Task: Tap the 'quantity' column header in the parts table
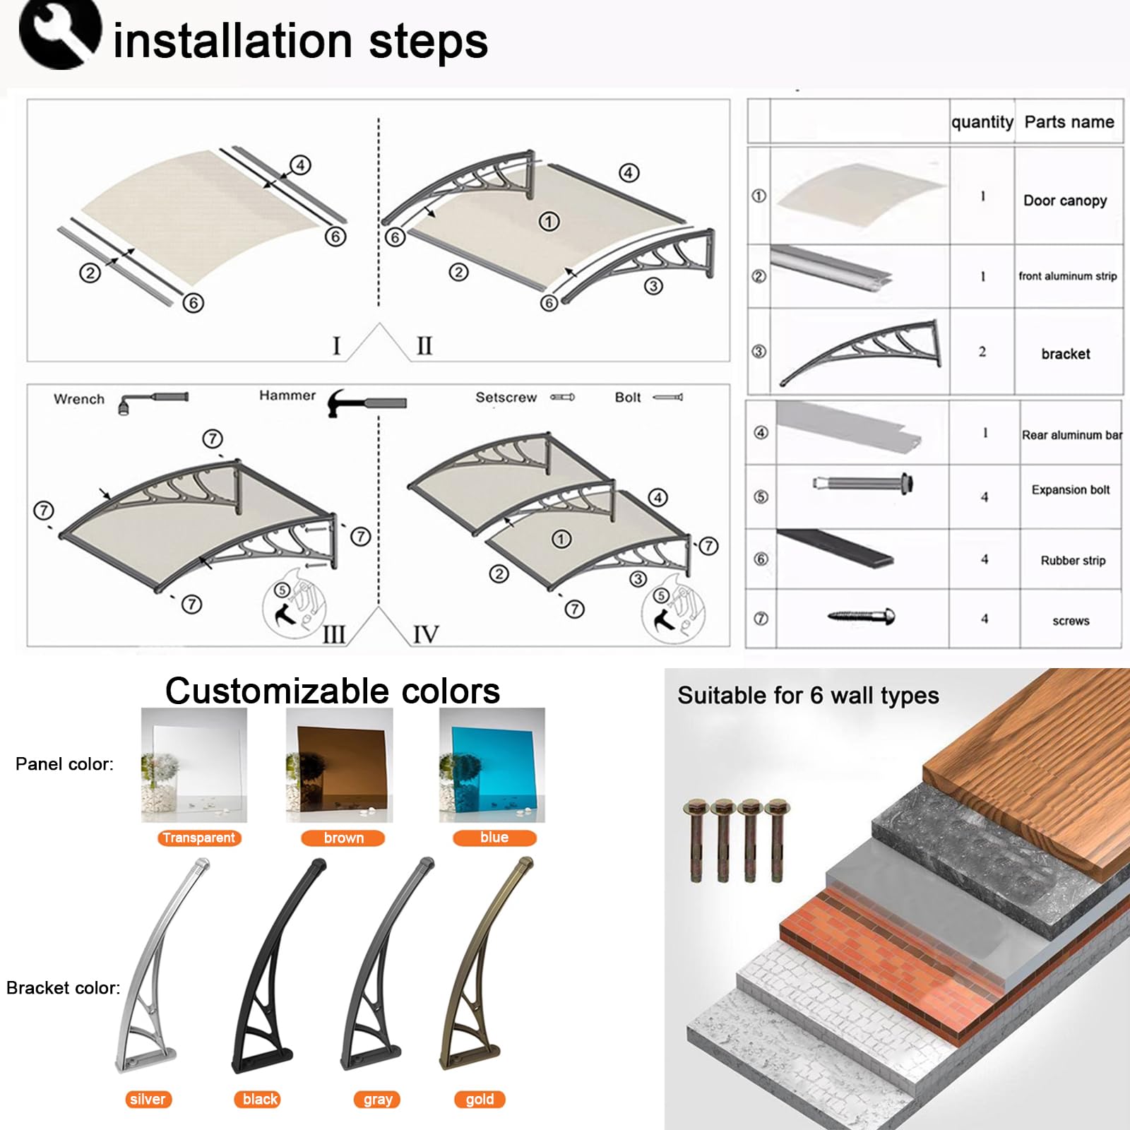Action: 982,122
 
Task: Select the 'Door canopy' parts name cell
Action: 1065,201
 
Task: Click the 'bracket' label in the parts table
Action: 1066,354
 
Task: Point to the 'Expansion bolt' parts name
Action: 1071,489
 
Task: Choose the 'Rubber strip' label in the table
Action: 1073,560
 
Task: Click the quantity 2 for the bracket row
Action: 982,352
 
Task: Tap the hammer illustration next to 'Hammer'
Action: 367,403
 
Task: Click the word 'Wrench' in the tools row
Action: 79,399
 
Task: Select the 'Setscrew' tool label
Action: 506,398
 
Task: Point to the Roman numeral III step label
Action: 334,634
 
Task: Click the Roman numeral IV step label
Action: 426,634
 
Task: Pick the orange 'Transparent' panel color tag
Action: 199,838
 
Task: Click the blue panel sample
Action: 492,765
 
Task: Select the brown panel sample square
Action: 339,765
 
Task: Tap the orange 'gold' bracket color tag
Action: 480,1099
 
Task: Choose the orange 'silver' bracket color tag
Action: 148,1099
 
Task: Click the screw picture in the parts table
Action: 861,617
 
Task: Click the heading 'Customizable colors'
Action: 333,691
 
